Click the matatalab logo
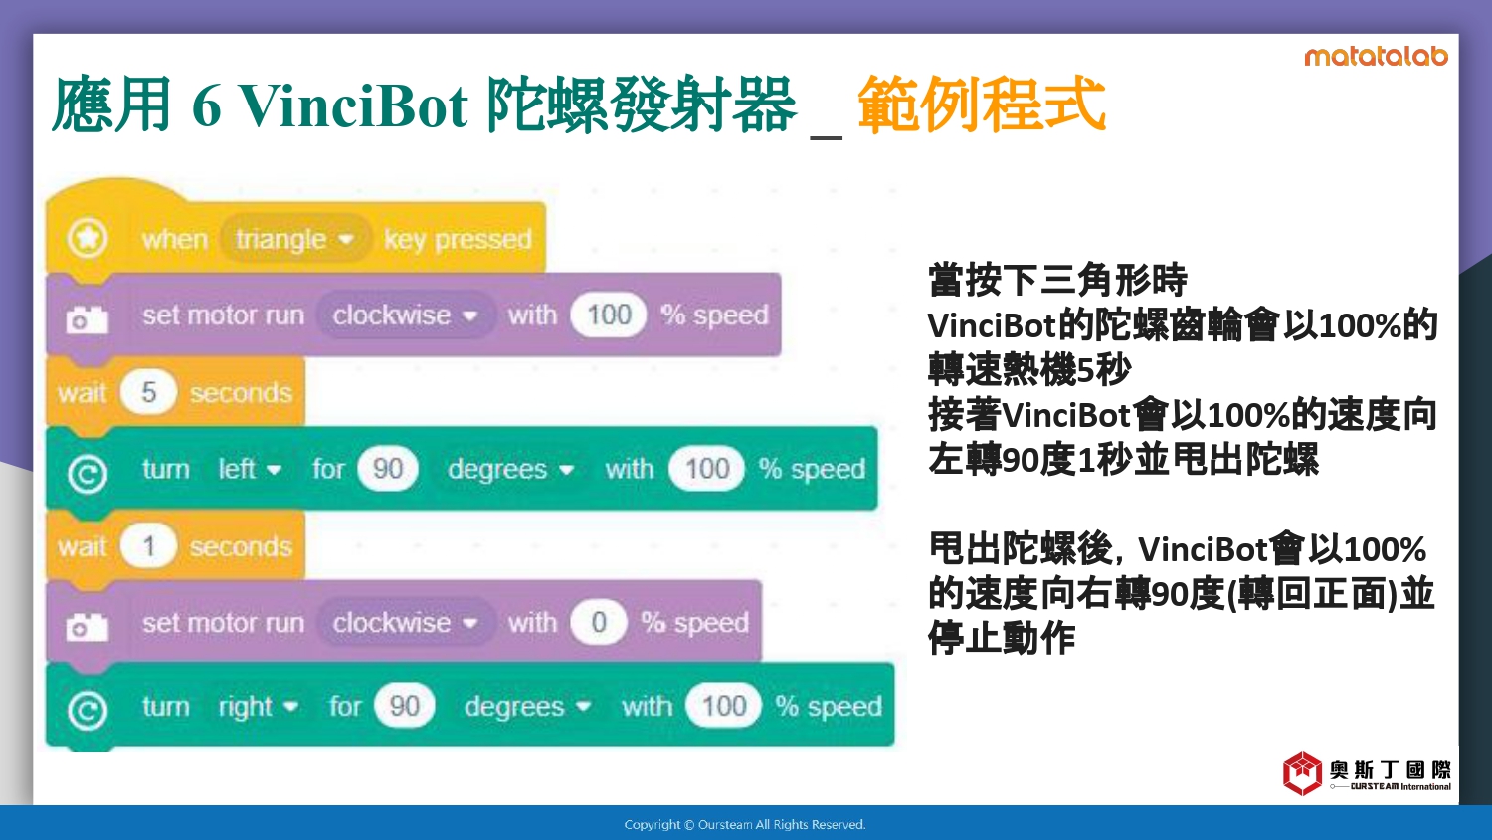click(x=1376, y=56)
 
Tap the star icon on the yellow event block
click(x=88, y=237)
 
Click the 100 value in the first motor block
click(x=608, y=315)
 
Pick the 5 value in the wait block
click(x=148, y=392)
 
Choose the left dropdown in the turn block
click(x=249, y=469)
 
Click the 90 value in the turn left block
click(x=388, y=469)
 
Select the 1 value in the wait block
click(x=148, y=546)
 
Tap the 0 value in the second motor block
click(x=598, y=623)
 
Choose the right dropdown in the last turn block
click(x=259, y=706)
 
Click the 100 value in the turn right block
click(x=723, y=706)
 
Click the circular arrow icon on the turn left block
click(x=88, y=474)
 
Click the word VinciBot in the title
click(x=353, y=105)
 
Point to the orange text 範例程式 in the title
click(x=982, y=104)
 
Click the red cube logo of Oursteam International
click(x=1302, y=773)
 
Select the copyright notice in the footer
click(x=745, y=825)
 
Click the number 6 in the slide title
click(x=207, y=105)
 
